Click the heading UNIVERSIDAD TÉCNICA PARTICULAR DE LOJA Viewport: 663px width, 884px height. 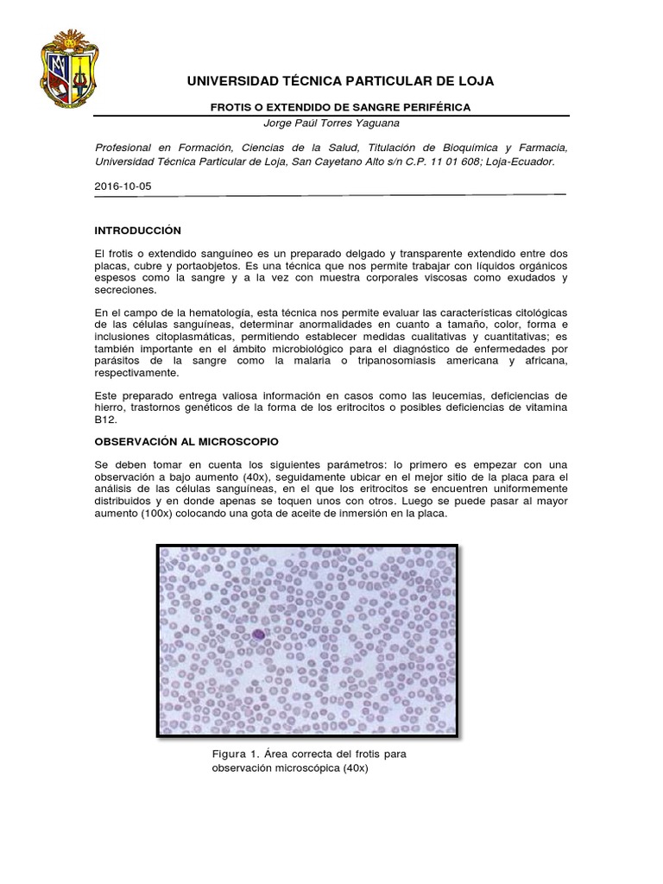coord(340,81)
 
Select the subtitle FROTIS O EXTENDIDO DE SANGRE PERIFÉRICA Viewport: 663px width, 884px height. coord(341,107)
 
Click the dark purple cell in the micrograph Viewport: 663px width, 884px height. coord(259,635)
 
